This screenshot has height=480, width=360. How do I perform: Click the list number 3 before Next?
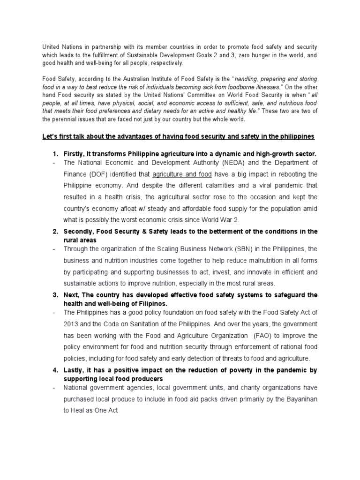54,295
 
